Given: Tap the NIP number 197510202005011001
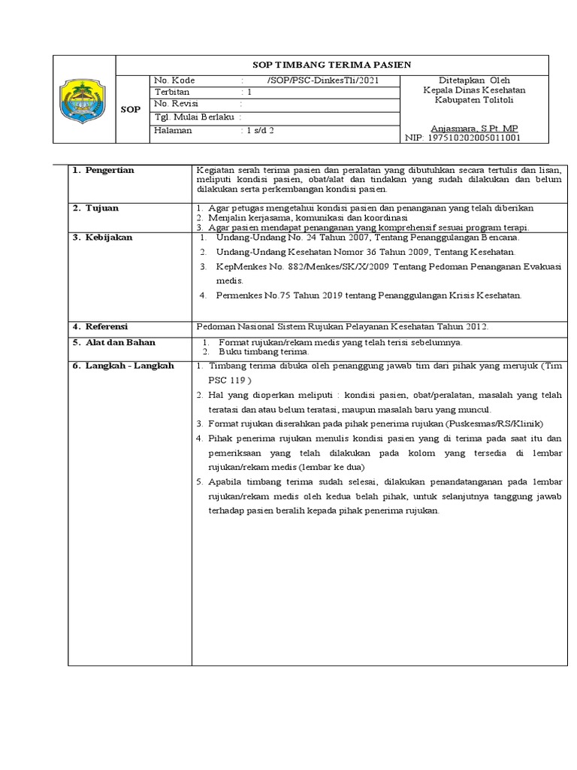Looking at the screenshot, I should pyautogui.click(x=473, y=138).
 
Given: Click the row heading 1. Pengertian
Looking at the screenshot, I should pyautogui.click(x=103, y=171).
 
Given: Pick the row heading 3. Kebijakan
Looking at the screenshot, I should pyautogui.click(x=102, y=238).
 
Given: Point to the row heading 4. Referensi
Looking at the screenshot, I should pyautogui.click(x=101, y=326).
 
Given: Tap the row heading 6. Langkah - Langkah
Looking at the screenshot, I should pyautogui.click(x=122, y=365).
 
